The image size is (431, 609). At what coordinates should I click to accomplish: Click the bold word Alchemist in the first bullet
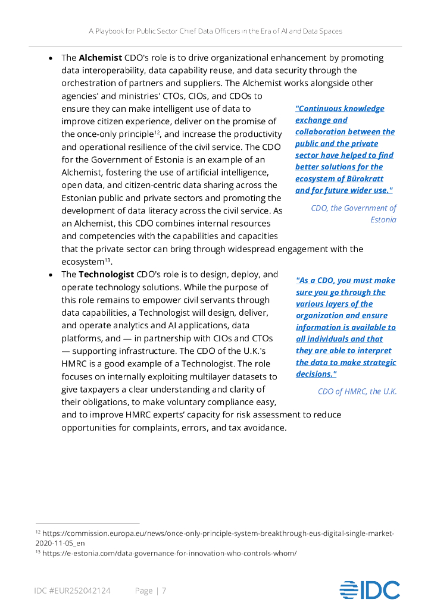point(100,58)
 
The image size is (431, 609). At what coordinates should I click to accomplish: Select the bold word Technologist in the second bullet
point(106,274)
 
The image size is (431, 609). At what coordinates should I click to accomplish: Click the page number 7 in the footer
point(164,591)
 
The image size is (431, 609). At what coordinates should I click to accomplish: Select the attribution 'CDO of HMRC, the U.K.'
point(357,391)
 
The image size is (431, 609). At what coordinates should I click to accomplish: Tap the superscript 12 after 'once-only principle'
point(157,131)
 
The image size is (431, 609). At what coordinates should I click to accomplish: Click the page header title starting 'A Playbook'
point(215,30)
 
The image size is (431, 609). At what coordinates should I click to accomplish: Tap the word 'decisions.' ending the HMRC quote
point(316,374)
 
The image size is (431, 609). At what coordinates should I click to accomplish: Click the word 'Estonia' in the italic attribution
point(383,219)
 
